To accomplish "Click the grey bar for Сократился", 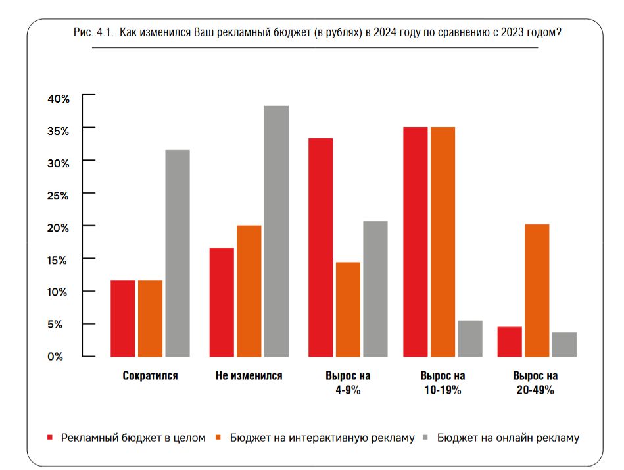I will pos(178,253).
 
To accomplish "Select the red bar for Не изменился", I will pos(222,302).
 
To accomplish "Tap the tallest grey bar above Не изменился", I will pos(276,231).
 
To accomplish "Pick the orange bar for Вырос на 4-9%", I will pos(348,309).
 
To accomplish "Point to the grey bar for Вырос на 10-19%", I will pos(470,338).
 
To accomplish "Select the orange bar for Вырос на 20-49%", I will pos(537,290).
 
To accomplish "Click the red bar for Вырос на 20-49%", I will pos(510,342).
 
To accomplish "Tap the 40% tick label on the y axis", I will pos(58,99).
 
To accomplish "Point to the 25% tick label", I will pos(58,196).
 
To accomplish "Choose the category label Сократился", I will pos(150,376).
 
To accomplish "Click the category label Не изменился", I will pos(249,376).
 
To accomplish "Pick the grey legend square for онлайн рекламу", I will pos(426,437).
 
